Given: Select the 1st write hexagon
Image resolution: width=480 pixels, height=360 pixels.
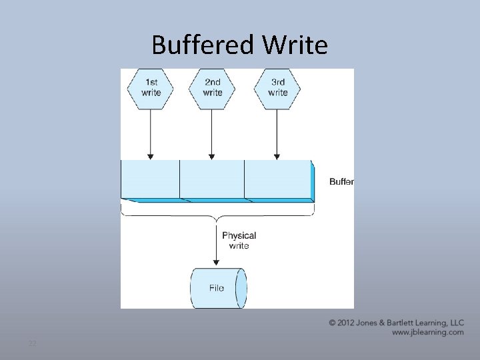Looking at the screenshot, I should pos(151,88).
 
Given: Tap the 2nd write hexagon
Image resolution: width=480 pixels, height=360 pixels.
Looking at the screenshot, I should pos(213,88).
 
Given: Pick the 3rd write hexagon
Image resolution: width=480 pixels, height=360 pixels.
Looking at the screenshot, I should pos(278,88).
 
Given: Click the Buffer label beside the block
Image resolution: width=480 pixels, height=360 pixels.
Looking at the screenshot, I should pos(341,181).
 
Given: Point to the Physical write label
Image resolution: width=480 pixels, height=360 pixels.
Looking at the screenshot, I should pos(239,241).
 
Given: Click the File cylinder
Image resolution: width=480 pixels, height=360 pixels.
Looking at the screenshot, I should pos(219,288).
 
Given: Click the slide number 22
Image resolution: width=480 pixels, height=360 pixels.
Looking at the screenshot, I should pos(31,343).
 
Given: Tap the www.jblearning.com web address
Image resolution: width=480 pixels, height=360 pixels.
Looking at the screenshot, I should pos(427,332).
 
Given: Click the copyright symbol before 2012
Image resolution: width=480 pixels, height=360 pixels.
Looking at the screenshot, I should pos(333,323).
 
